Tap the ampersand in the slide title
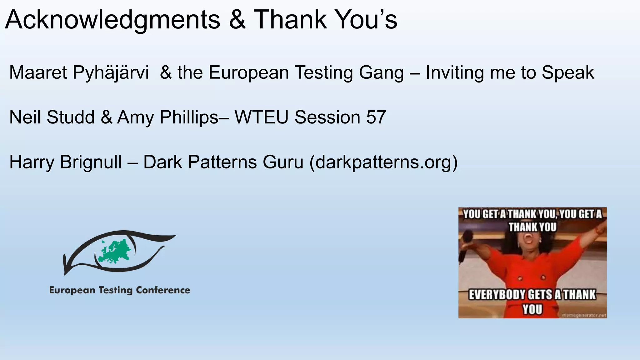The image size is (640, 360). tap(237, 20)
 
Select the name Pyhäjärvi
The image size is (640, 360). tap(111, 73)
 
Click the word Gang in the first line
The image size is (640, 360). tap(381, 72)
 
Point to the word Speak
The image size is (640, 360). tap(568, 73)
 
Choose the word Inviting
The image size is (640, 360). tap(455, 73)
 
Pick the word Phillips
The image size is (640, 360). tap(189, 117)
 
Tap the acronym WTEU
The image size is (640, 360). tap(261, 117)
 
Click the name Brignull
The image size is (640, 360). tap(91, 162)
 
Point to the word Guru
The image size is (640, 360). tap(283, 162)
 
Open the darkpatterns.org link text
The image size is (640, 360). tap(383, 162)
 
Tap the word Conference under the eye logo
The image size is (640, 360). tap(163, 290)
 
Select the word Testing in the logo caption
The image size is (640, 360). tap(115, 291)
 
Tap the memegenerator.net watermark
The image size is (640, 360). tap(584, 315)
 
